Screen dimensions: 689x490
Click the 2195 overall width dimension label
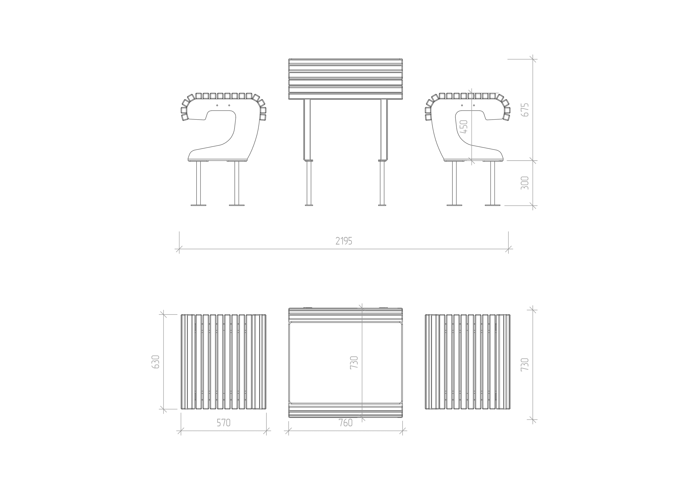point(344,241)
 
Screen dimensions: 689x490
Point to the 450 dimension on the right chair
point(464,127)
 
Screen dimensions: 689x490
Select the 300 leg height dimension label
point(525,183)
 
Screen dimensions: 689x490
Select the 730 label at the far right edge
point(525,364)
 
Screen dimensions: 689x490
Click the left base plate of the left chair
point(198,205)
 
